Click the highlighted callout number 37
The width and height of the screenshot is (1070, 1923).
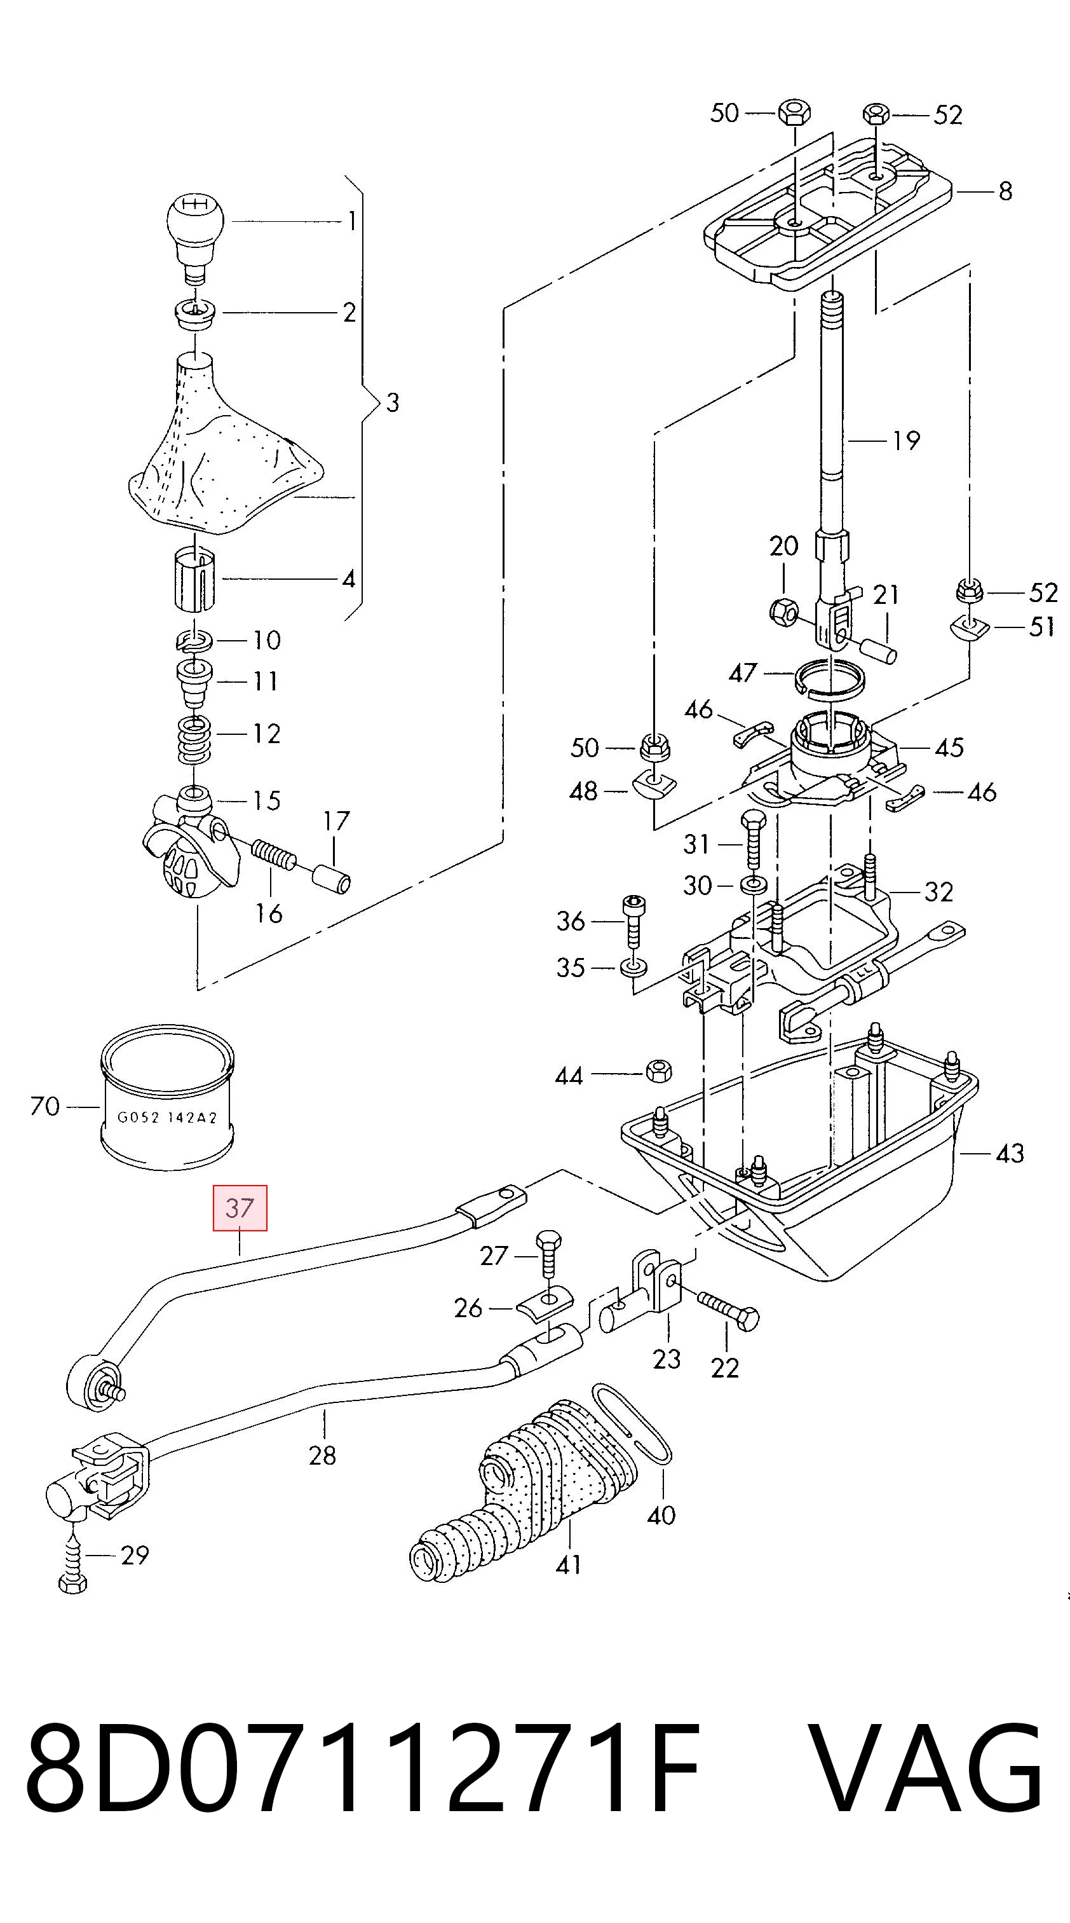[240, 1208]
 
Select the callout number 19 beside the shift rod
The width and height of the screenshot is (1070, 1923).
[906, 441]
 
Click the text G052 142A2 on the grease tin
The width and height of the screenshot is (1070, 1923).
[168, 1118]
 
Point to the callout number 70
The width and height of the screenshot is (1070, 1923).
[44, 1106]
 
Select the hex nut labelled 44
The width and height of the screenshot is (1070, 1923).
[658, 1071]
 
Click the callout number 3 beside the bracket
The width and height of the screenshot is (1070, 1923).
[393, 403]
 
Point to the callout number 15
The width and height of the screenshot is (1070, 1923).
[266, 801]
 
